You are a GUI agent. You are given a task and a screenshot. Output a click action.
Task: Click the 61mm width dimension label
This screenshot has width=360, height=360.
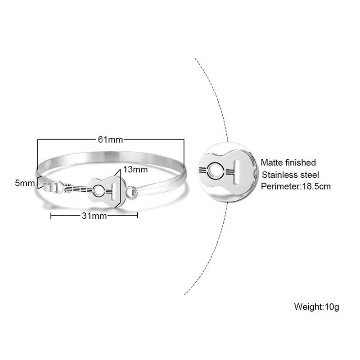click(110, 139)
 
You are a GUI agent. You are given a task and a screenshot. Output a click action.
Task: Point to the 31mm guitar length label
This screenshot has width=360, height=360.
click(94, 216)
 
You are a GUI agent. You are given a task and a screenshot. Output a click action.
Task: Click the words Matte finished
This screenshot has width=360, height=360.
click(288, 162)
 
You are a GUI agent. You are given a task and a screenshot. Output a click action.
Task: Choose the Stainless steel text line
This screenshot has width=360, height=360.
click(290, 174)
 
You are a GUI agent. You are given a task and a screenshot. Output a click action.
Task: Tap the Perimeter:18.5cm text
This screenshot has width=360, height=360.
click(296, 186)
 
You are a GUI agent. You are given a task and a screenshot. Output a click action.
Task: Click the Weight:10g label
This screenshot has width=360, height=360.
click(316, 307)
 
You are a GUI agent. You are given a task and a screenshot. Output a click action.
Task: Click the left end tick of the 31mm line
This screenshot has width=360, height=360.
click(51, 216)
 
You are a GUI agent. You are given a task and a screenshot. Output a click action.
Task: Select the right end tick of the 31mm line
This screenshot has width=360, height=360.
click(137, 216)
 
